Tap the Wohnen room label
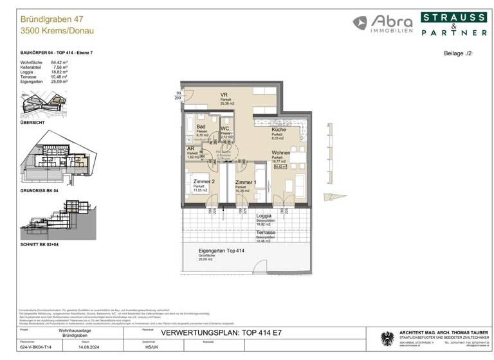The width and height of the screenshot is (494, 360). pos(280,152)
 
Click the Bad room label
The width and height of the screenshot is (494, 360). pos(201,127)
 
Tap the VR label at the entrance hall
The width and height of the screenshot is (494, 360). pos(224,94)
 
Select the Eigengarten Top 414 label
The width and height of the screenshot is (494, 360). pos(221,250)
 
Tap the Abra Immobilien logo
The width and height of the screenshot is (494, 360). pos(382,24)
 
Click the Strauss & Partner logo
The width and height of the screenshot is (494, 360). pos(453,24)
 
